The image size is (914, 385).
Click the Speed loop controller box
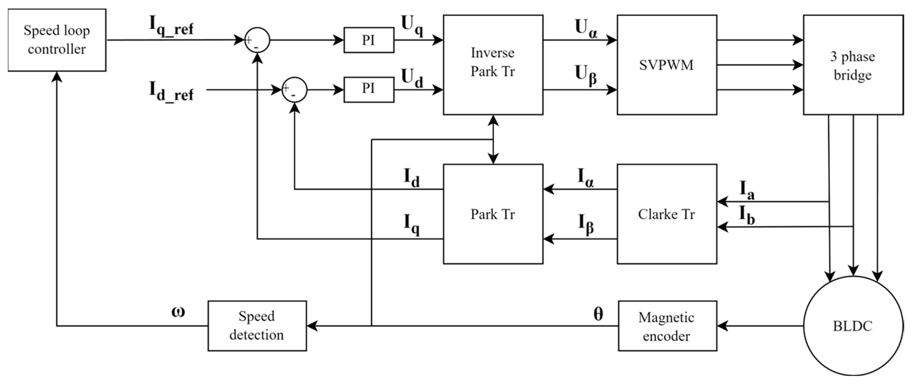[57, 40]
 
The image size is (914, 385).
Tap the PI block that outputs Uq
[369, 40]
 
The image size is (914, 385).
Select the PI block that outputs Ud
[369, 89]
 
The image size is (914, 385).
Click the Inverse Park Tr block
[493, 65]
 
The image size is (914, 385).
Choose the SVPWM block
[667, 65]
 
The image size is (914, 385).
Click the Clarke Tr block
[667, 214]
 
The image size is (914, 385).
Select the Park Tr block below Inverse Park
[493, 214]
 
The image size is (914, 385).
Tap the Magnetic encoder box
[667, 326]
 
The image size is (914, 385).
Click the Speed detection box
[257, 326]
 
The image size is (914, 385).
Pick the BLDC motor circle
[853, 326]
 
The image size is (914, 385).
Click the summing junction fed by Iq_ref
[257, 40]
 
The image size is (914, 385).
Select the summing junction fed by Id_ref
[294, 90]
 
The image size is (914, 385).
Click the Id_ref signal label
[171, 92]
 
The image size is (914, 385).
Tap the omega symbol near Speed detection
[178, 312]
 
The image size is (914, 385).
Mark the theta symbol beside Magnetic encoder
[598, 314]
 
